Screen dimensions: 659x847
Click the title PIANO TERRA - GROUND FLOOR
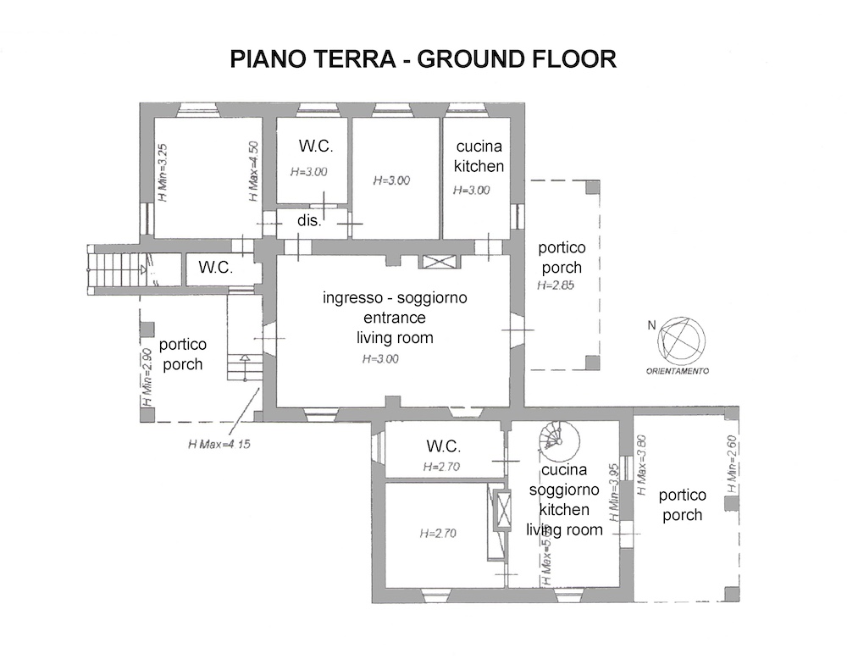pos(423,60)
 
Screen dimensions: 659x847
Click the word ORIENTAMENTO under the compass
pos(678,372)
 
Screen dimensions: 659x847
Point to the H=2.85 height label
pos(556,285)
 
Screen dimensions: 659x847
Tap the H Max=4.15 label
pos(219,442)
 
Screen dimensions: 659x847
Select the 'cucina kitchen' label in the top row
pos(479,157)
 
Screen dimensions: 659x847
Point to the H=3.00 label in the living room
pos(380,359)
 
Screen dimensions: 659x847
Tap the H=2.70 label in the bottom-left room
pos(438,534)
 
